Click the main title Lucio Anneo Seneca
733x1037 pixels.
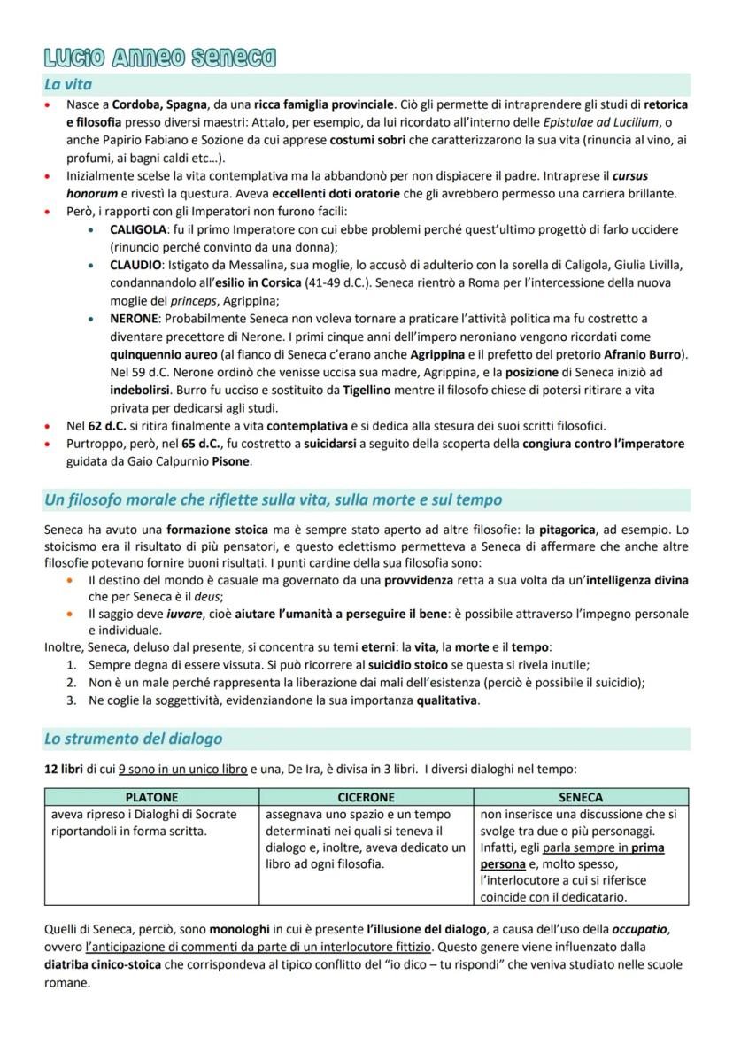tap(159, 59)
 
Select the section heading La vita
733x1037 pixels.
tap(69, 85)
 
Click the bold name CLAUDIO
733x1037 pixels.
tap(136, 266)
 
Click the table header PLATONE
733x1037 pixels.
tap(151, 797)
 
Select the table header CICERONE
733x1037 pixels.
tap(366, 797)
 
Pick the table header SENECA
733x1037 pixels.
tap(581, 797)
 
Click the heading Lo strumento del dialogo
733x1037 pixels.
tap(134, 739)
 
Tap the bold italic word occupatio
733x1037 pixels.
tap(642, 929)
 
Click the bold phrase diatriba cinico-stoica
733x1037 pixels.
tap(103, 964)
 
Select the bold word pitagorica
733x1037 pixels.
tap(584, 529)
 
